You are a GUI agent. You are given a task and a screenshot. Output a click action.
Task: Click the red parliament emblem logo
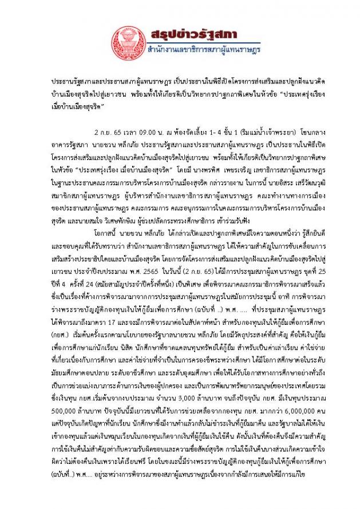pyautogui.click(x=129, y=42)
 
